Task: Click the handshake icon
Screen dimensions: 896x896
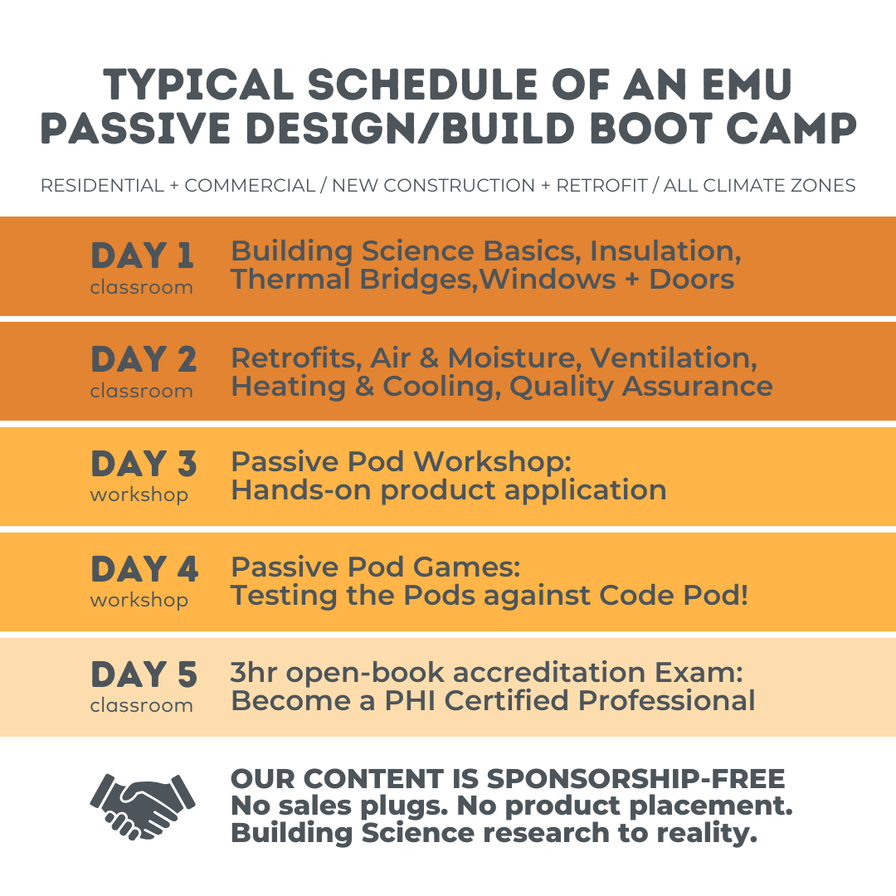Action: pyautogui.click(x=142, y=803)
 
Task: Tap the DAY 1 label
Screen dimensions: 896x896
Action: pyautogui.click(x=142, y=256)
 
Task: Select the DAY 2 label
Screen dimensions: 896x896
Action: pyautogui.click(x=144, y=359)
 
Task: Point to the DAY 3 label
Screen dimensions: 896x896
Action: pyautogui.click(x=144, y=464)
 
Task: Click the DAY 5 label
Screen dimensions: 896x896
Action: pyautogui.click(x=144, y=674)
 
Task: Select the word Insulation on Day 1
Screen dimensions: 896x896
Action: pyautogui.click(x=665, y=251)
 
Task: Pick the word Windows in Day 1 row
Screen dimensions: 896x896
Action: pyautogui.click(x=548, y=279)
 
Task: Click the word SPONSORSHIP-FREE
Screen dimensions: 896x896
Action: pyautogui.click(x=635, y=779)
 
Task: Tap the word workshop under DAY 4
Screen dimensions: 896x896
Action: pyautogui.click(x=139, y=600)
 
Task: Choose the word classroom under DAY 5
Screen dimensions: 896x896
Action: pyautogui.click(x=142, y=705)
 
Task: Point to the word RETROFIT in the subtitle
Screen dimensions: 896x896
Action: pyautogui.click(x=601, y=186)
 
